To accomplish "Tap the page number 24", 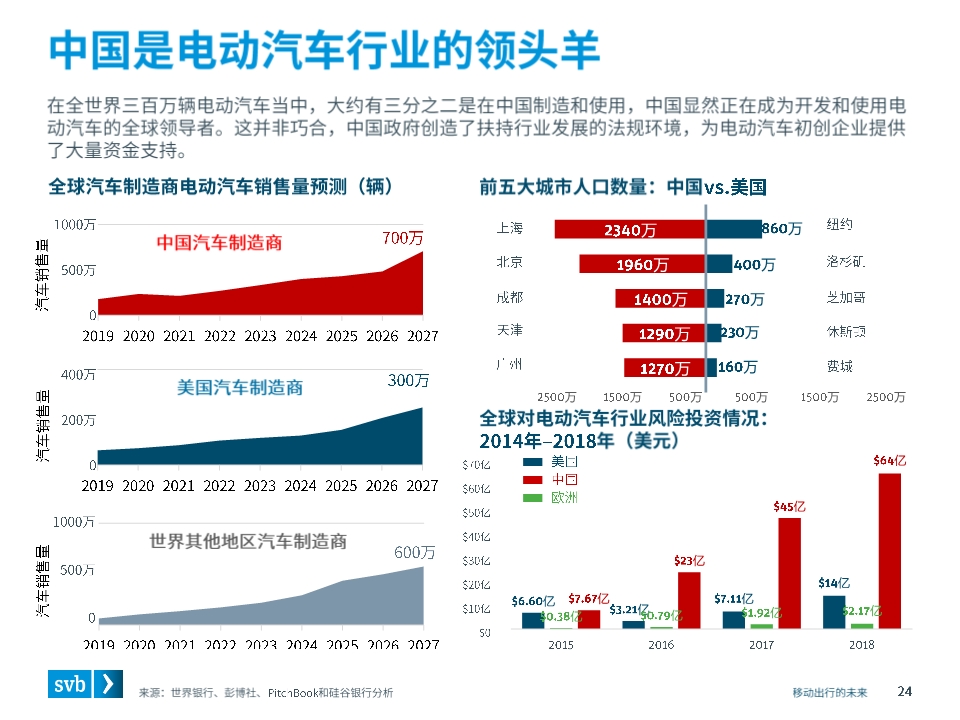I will [x=905, y=691].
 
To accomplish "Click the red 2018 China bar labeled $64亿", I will [x=890, y=550].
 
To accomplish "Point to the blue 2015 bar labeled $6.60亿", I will [x=532, y=620].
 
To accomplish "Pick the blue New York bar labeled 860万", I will [x=733, y=229].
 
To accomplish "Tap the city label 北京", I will [x=510, y=263].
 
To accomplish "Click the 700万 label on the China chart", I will [x=403, y=238].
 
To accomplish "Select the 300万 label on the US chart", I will [x=408, y=381].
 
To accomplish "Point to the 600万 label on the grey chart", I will [x=414, y=552].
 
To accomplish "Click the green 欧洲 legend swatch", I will [x=535, y=497].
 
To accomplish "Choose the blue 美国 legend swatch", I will [x=535, y=462].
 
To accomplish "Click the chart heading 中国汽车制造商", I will [x=219, y=242].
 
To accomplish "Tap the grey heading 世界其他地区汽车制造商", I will [x=248, y=541].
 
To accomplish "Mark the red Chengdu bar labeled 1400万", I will [x=660, y=299].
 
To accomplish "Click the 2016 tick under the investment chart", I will [x=661, y=645].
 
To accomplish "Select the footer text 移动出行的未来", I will [x=830, y=692].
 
